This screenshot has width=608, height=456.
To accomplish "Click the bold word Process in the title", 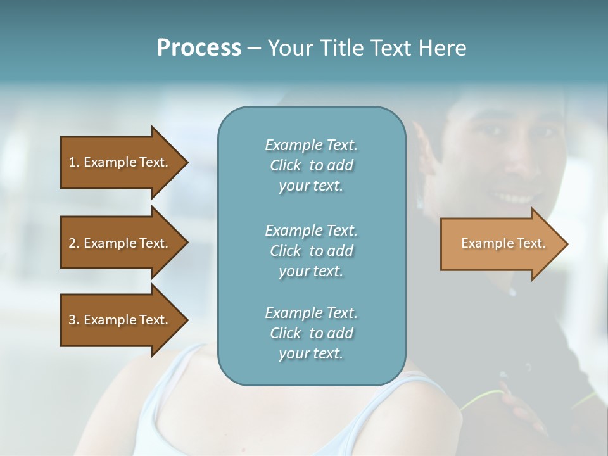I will point(199,47).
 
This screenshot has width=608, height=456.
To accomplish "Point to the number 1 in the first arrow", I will point(72,162).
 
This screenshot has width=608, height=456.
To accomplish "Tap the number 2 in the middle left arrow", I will point(72,243).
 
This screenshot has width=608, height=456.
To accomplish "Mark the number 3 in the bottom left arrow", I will point(72,320).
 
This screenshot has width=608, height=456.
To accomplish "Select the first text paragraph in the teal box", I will point(311,165).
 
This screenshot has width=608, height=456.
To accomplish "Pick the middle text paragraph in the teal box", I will point(311,251).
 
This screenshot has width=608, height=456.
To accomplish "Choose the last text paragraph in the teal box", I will point(311,333).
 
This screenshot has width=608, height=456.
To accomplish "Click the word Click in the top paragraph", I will point(286,165).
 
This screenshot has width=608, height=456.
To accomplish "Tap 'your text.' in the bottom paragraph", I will point(311,353).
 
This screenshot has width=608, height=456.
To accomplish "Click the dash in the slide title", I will point(255,48).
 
